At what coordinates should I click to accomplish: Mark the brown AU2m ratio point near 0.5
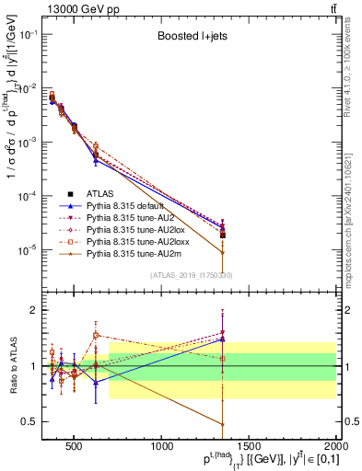(223, 424)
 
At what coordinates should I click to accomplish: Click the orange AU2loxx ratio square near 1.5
(96, 335)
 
